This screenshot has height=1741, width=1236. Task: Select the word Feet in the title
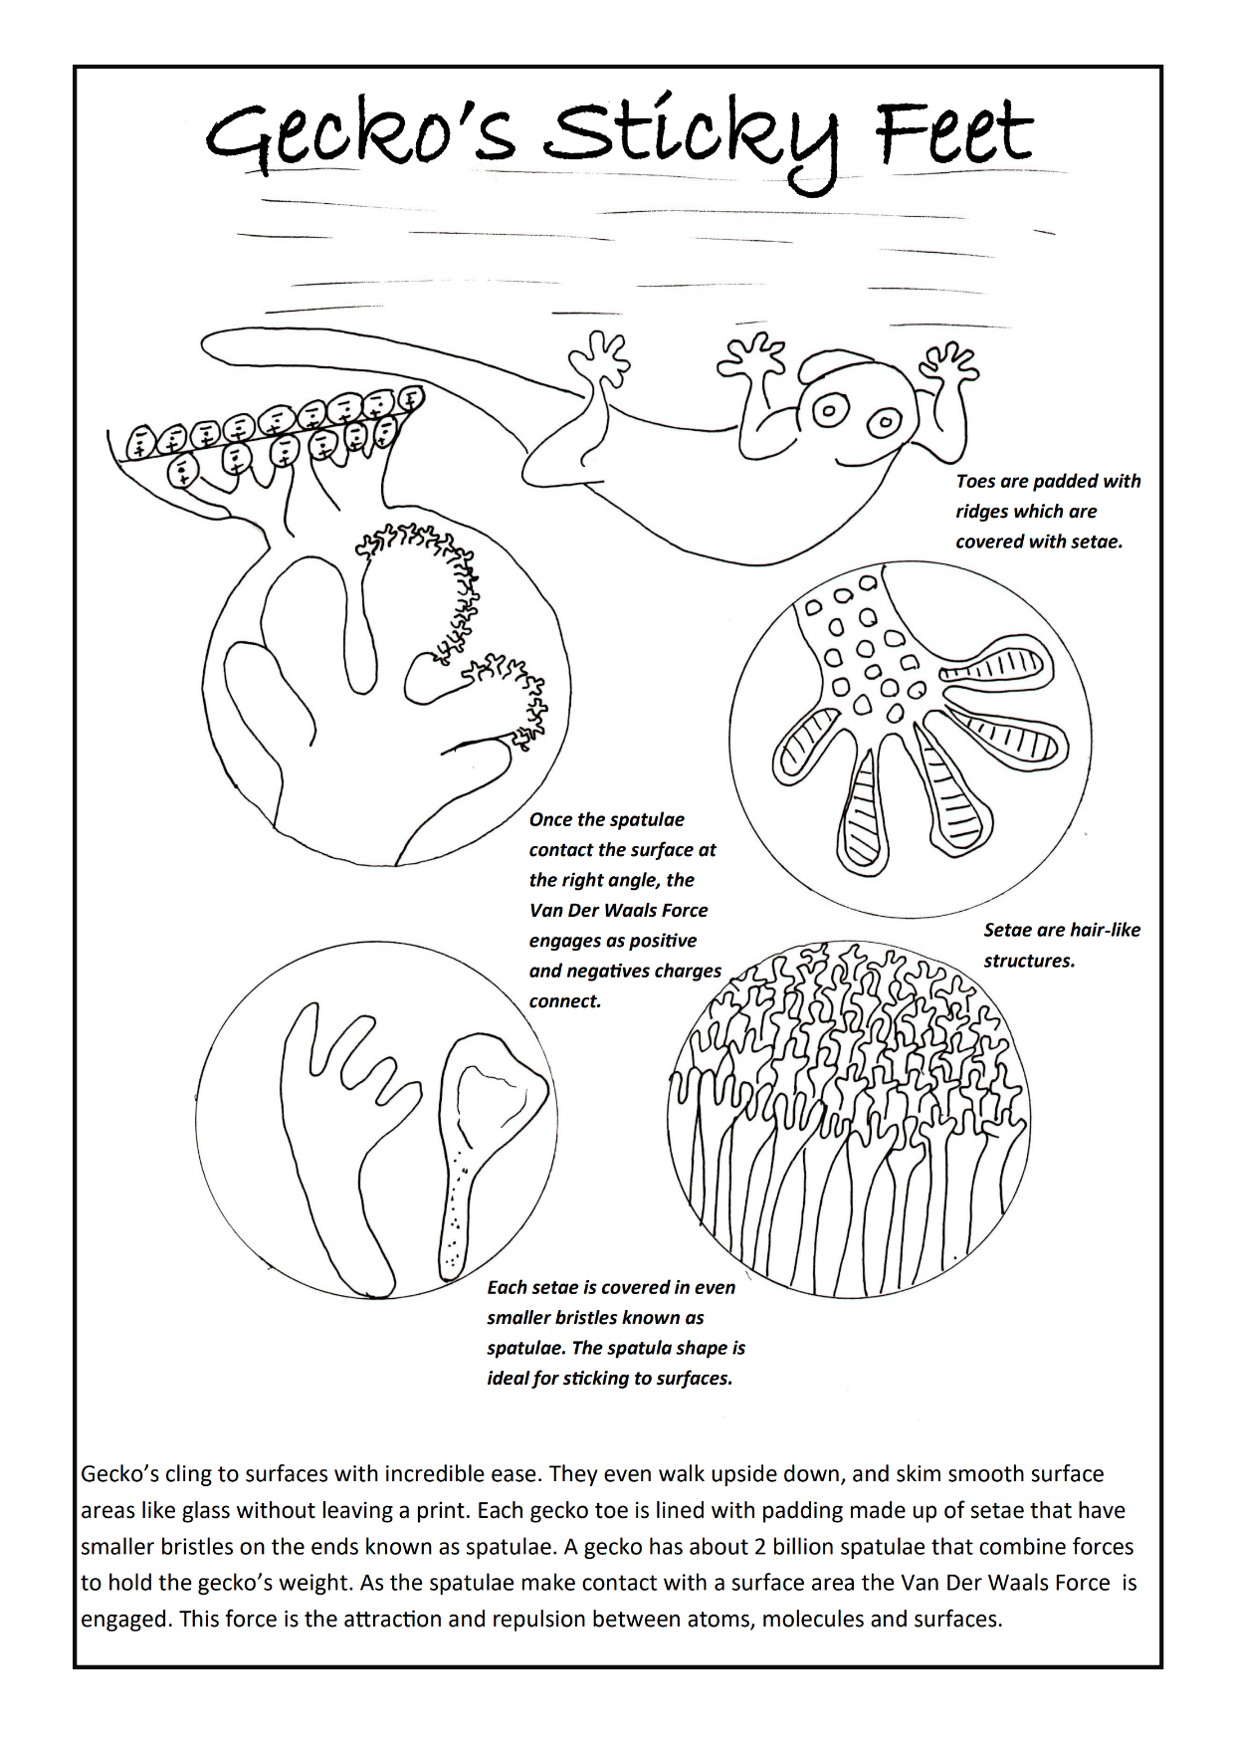point(953,134)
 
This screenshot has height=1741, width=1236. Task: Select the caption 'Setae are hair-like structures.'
point(1061,945)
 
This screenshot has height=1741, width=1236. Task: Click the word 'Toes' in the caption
point(976,482)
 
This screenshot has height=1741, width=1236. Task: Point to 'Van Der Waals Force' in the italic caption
point(618,910)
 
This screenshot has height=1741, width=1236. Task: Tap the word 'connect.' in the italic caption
point(565,1001)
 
